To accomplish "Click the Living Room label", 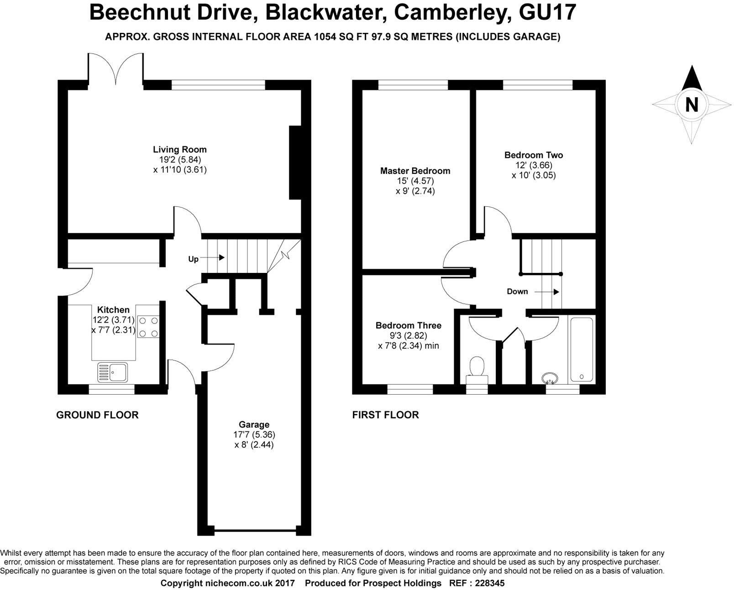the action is [179, 150].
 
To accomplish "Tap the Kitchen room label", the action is [113, 310].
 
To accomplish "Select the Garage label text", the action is [254, 425].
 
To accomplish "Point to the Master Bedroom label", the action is [415, 171].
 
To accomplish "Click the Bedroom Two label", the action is [533, 155].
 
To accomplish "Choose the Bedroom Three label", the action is [408, 326].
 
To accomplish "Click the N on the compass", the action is [692, 105].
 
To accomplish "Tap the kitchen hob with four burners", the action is [148, 327].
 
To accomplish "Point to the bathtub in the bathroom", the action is [581, 350].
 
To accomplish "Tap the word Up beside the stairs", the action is [193, 259].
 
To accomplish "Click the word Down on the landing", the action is [517, 292].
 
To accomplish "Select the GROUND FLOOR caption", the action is [97, 415].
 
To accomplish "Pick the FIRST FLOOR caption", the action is [385, 415].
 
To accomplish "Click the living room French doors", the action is [116, 68].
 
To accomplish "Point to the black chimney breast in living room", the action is [295, 162].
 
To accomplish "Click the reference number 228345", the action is [490, 583].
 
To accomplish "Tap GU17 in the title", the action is [548, 12].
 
